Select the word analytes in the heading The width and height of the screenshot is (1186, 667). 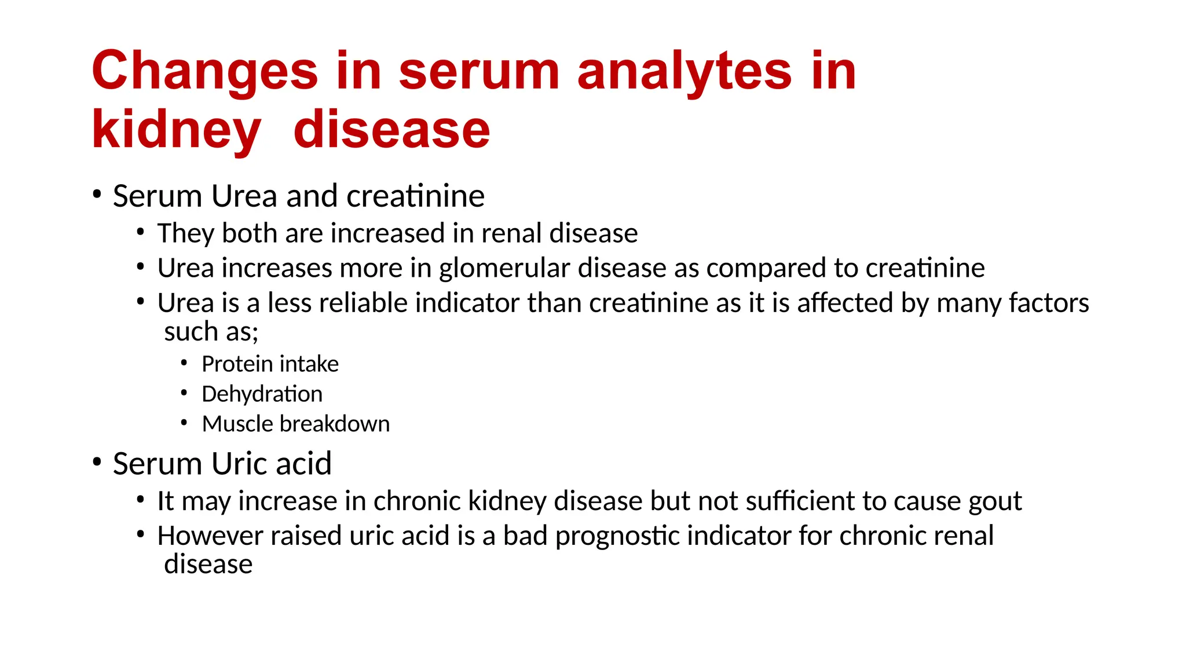click(x=684, y=72)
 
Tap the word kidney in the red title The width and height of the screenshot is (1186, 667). click(x=176, y=130)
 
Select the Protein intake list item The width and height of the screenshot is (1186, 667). click(x=270, y=364)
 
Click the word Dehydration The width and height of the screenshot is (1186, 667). click(x=262, y=394)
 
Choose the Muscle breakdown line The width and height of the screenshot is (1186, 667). click(x=295, y=424)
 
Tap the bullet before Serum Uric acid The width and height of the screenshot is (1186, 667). click(x=97, y=462)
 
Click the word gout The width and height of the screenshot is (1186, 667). click(x=995, y=501)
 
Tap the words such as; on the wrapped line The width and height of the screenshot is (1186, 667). click(x=211, y=332)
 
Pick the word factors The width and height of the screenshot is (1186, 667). click(x=1049, y=303)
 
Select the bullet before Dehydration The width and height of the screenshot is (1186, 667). click(x=184, y=393)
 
